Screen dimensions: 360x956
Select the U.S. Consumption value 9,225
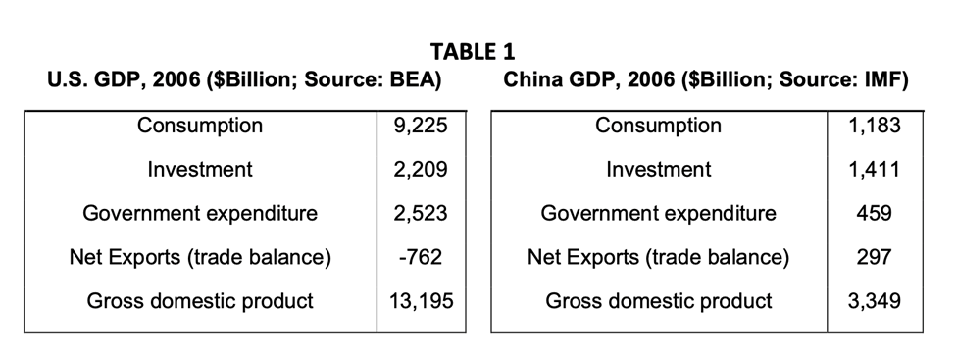(x=421, y=126)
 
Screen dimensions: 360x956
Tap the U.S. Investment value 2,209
(x=421, y=169)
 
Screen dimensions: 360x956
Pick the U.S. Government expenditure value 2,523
(x=421, y=213)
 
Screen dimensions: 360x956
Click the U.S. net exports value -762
(x=421, y=257)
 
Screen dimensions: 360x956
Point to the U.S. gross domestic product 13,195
(x=421, y=300)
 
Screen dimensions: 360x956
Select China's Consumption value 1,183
(x=873, y=126)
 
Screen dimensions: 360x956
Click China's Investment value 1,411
(x=873, y=169)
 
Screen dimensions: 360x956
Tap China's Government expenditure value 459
(x=874, y=213)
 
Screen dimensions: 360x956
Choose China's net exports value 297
(x=874, y=257)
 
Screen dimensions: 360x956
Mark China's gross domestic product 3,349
(x=873, y=300)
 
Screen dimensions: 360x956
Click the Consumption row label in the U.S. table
(x=200, y=126)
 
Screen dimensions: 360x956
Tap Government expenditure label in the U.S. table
(x=200, y=213)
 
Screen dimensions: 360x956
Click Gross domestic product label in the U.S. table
(x=200, y=300)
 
